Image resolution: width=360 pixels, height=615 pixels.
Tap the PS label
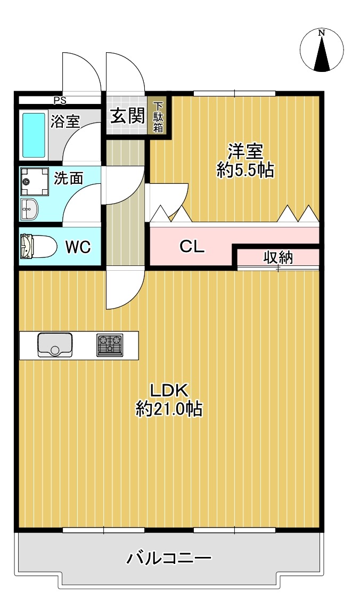click(60, 100)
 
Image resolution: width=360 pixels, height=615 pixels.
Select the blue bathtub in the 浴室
click(34, 135)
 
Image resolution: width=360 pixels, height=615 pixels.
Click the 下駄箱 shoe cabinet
click(158, 117)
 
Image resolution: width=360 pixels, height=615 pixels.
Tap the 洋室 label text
click(246, 151)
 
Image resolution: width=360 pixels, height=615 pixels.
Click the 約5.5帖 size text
click(246, 170)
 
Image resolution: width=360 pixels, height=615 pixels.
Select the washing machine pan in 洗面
click(34, 182)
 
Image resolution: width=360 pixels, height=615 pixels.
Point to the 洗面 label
click(69, 179)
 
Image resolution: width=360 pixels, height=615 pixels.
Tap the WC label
click(78, 247)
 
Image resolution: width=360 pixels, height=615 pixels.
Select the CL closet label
click(192, 247)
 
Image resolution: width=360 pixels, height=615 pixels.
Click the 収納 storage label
click(278, 257)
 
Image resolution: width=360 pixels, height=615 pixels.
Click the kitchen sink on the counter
click(55, 345)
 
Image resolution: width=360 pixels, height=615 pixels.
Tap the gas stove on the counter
click(110, 345)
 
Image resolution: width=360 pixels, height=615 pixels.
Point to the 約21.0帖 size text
click(169, 409)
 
